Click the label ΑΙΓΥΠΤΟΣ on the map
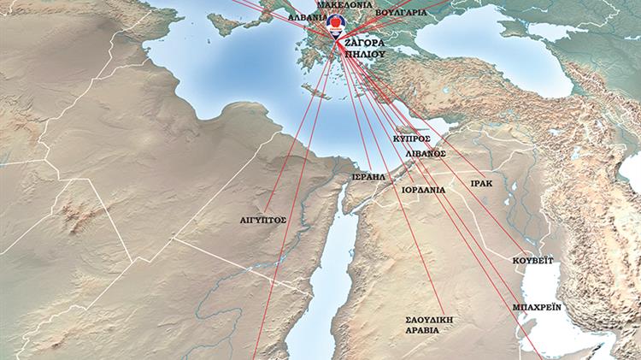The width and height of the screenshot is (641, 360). (263, 220)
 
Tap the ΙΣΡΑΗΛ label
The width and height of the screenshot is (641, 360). (368, 177)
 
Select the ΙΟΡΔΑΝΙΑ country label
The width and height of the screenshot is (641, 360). (423, 191)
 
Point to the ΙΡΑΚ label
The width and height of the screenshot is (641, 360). (481, 183)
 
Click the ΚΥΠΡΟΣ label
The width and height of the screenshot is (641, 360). (411, 137)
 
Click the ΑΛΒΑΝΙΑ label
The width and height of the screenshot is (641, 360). (308, 16)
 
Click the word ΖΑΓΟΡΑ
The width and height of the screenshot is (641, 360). (365, 41)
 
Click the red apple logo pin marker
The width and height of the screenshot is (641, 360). (334, 24)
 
